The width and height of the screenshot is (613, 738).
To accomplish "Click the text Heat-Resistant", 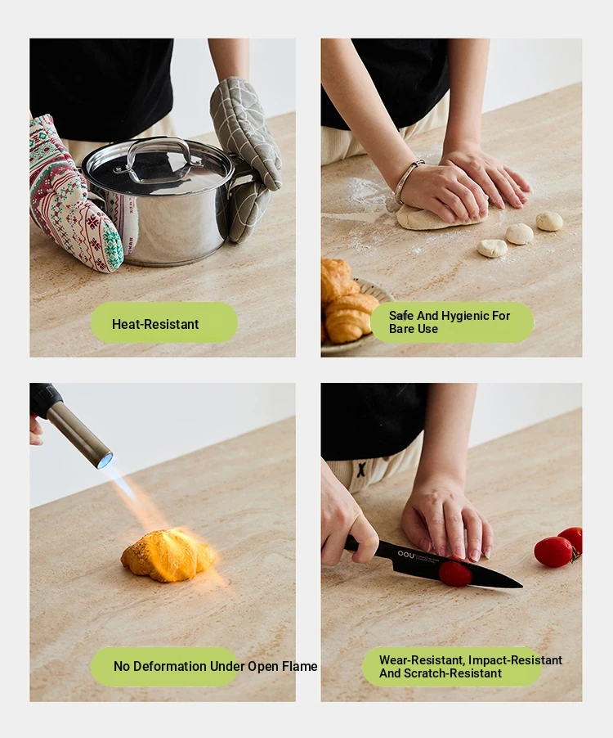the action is (x=155, y=324).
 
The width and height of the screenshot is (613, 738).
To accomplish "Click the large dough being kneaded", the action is (x=440, y=218).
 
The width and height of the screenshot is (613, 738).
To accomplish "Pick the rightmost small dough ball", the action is (x=549, y=221).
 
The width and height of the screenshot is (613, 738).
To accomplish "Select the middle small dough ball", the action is (x=520, y=234).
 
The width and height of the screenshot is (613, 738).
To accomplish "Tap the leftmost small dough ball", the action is (x=492, y=248).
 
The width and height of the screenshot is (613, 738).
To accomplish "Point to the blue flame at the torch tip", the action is (x=105, y=459).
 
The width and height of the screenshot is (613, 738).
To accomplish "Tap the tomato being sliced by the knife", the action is (x=455, y=574).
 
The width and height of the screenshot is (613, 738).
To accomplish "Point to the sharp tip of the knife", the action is (x=521, y=586).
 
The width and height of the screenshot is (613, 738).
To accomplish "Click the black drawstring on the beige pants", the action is (x=361, y=470).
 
